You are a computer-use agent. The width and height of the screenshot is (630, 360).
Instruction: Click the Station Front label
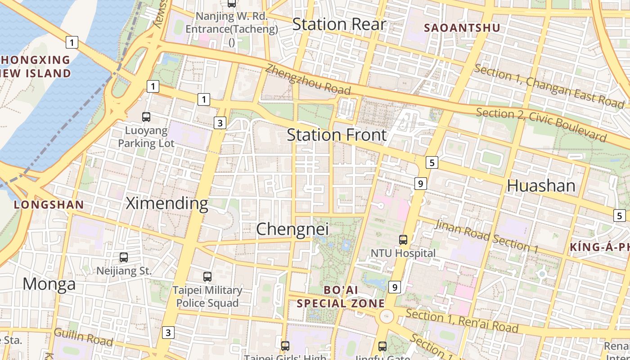click(x=337, y=135)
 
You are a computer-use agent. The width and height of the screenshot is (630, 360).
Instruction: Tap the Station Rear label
click(x=339, y=24)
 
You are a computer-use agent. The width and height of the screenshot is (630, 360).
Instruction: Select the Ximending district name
click(x=167, y=203)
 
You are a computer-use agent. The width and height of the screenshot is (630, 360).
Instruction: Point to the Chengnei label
click(x=292, y=229)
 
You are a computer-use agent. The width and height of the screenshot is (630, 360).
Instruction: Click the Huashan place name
click(x=541, y=186)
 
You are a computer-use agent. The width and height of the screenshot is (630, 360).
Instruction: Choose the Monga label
click(x=49, y=284)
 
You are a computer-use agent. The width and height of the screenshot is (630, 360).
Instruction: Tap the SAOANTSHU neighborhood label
click(x=462, y=28)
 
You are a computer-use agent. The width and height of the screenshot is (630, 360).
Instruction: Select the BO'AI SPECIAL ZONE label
click(x=341, y=297)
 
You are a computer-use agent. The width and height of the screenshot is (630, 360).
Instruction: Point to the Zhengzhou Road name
click(x=308, y=79)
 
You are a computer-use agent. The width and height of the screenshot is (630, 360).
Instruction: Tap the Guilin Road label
click(x=83, y=337)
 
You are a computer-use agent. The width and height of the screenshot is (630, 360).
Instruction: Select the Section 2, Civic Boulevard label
click(x=541, y=124)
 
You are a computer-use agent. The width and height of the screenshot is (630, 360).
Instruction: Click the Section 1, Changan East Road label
click(x=549, y=86)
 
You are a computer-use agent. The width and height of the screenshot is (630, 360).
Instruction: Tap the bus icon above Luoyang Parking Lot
click(x=146, y=117)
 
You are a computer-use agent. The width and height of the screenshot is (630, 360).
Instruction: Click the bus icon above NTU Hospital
click(x=403, y=240)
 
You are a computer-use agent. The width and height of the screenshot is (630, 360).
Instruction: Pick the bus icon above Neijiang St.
click(x=124, y=257)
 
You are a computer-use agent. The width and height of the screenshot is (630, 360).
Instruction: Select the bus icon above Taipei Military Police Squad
click(x=207, y=277)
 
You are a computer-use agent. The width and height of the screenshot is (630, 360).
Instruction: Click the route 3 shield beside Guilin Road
click(x=168, y=333)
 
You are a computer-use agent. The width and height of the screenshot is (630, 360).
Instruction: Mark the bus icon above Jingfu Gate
click(x=382, y=346)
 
